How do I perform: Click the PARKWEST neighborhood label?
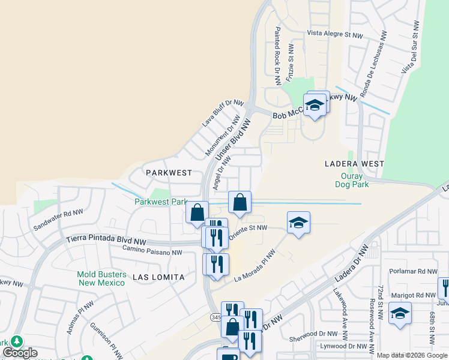(x=169, y=172)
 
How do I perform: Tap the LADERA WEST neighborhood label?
(x=354, y=163)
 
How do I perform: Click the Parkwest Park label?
(x=160, y=203)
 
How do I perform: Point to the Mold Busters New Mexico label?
(x=101, y=278)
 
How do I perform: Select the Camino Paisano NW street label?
(x=152, y=249)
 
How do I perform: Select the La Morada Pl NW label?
(x=255, y=268)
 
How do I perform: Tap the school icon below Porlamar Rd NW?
(x=400, y=313)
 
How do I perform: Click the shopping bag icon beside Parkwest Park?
(x=197, y=212)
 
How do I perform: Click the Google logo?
(x=20, y=353)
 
